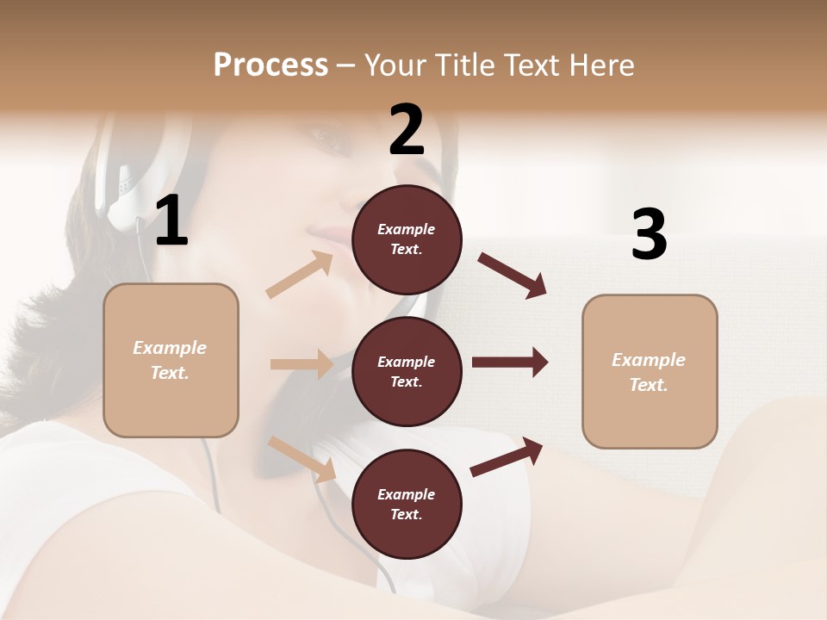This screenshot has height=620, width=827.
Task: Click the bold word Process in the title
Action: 270,65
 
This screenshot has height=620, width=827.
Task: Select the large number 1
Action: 171,222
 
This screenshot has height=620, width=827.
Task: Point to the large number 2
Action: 407,130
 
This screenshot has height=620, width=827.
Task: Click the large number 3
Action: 649,234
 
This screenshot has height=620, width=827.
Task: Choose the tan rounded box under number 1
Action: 171,360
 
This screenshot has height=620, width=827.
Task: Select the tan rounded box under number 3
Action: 650,371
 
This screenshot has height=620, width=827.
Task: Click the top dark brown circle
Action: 407,239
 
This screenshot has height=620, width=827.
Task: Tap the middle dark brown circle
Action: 407,371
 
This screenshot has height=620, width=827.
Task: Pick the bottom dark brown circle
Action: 407,504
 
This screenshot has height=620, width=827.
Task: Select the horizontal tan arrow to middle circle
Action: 302,364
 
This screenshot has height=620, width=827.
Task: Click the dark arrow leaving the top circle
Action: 513,275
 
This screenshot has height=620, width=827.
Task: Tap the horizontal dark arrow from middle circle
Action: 510,363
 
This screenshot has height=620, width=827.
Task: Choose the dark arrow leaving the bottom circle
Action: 507,457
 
